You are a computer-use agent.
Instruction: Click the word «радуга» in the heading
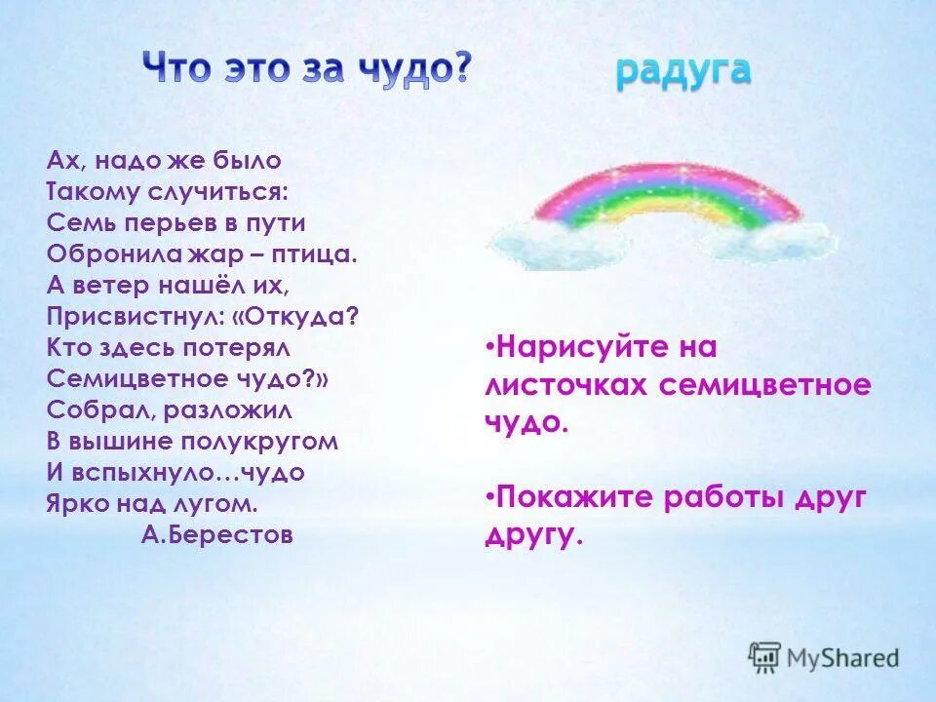click(682, 71)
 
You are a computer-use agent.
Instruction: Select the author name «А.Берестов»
click(216, 535)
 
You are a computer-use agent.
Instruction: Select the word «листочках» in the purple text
click(565, 385)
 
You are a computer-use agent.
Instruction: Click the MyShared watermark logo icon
click(765, 657)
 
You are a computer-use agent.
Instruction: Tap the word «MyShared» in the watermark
click(844, 658)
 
